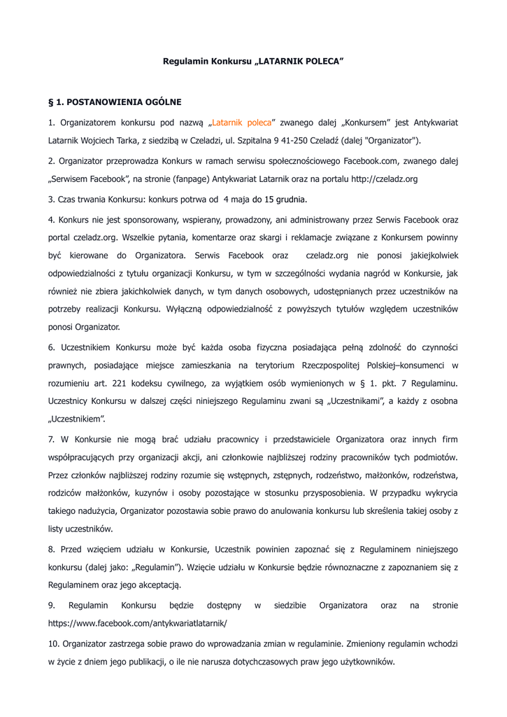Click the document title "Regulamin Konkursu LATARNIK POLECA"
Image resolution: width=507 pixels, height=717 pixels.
pyautogui.click(x=253, y=62)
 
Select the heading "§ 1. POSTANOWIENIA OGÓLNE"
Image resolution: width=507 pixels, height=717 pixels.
pyautogui.click(x=115, y=102)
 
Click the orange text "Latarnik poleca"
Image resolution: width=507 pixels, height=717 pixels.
pyautogui.click(x=242, y=123)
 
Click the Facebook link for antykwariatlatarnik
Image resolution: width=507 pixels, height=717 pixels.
pyautogui.click(x=138, y=622)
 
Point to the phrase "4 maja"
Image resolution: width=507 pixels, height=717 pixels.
pyautogui.click(x=236, y=200)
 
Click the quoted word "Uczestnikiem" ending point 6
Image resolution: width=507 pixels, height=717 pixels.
pyautogui.click(x=77, y=420)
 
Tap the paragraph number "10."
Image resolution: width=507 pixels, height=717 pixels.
pyautogui.click(x=54, y=643)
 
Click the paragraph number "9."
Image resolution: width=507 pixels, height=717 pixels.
pyautogui.click(x=52, y=605)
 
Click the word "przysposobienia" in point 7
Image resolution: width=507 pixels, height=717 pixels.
pyautogui.click(x=340, y=493)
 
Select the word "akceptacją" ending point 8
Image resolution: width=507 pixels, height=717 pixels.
pyautogui.click(x=160, y=585)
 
